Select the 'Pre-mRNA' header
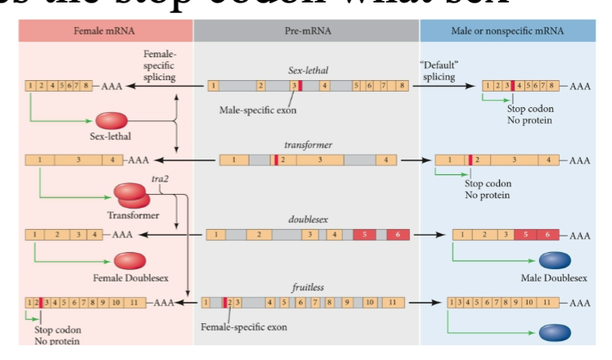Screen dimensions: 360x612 click(306, 31)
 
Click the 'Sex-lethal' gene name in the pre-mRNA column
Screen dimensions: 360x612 click(308, 70)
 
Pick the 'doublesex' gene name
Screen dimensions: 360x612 click(307, 219)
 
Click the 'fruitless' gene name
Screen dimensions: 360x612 click(308, 288)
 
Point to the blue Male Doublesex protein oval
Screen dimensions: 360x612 click(555, 259)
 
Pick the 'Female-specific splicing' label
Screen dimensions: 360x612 click(159, 65)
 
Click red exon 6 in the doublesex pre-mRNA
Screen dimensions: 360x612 click(398, 235)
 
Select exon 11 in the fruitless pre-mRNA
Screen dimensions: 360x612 click(394, 303)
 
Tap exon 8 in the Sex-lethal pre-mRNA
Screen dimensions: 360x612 click(400, 85)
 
